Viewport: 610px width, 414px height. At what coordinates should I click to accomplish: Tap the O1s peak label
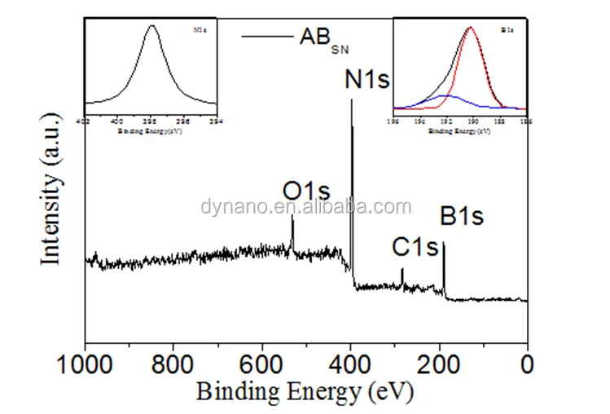click(x=306, y=192)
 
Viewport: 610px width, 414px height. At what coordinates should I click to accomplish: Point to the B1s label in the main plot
click(x=462, y=217)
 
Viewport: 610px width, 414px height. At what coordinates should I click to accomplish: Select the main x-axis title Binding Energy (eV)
click(x=305, y=390)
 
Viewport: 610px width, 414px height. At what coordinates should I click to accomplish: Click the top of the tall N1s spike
click(x=351, y=100)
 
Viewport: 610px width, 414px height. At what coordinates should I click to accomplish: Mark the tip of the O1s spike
click(x=292, y=215)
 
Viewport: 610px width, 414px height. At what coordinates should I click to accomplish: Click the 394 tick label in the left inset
click(x=216, y=121)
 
